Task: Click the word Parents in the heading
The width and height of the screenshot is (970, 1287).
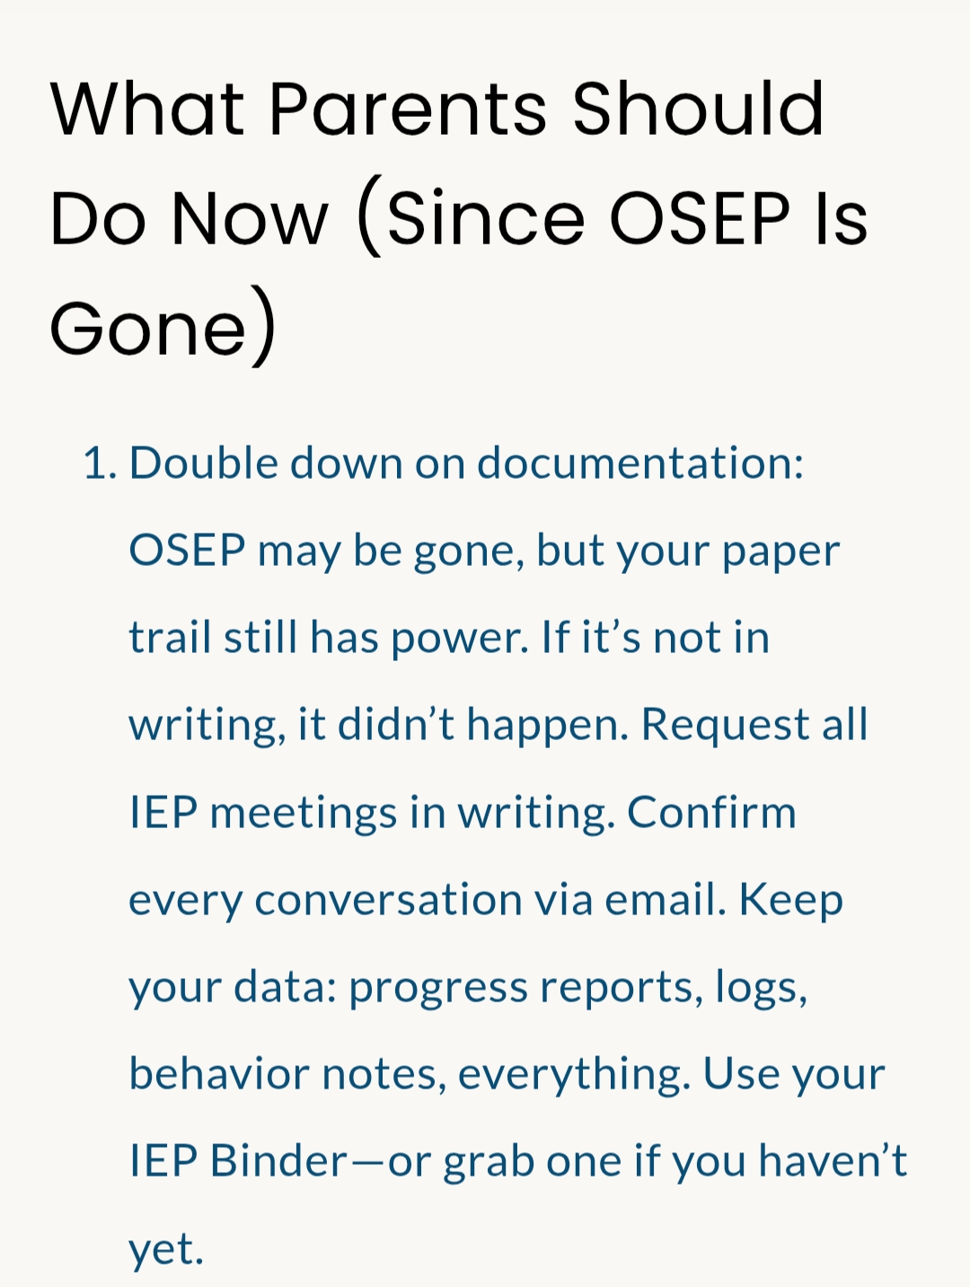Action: pos(408,109)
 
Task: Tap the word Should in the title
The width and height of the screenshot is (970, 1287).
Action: pos(698,109)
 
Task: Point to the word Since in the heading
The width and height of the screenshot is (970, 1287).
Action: pos(485,217)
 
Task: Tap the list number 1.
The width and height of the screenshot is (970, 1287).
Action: pos(101,463)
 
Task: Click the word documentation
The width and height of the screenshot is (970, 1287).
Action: pos(640,463)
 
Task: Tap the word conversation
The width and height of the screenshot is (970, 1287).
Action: pos(388,900)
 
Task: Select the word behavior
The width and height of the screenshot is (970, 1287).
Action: pos(219,1073)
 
